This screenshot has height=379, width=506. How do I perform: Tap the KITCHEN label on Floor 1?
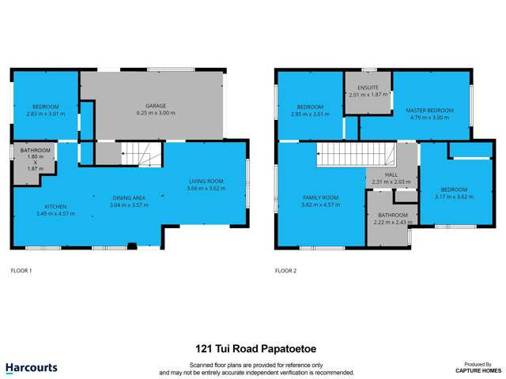point(43,207)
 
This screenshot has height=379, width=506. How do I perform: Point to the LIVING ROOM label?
point(206,181)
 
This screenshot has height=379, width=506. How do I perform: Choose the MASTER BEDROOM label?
point(429,110)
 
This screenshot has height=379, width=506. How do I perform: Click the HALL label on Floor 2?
point(391,175)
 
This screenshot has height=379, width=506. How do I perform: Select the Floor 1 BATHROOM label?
point(36,150)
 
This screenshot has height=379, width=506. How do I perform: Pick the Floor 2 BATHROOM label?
point(392,215)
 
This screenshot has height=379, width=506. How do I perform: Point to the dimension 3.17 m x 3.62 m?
point(454,197)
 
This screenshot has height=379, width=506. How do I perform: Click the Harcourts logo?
point(31,367)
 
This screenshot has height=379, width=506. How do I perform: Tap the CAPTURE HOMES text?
point(478,370)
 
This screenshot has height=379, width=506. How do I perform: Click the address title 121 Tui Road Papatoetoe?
point(252,347)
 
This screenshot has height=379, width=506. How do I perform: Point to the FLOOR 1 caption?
point(21,270)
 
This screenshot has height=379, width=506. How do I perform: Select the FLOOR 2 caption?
point(285,270)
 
